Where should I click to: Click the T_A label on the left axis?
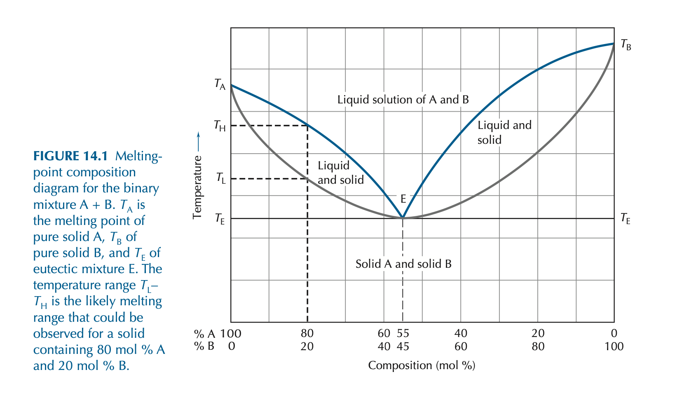point(220,84)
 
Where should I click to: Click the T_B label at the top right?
point(626,45)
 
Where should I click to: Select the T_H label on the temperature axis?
point(220,126)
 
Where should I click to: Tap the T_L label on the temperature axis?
point(220,178)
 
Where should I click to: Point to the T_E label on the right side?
point(625,219)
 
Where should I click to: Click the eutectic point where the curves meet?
point(403,218)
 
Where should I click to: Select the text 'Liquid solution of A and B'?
point(403,100)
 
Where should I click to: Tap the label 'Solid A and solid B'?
point(403,264)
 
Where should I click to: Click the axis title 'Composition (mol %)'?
point(422,365)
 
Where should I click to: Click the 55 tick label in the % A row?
point(403,333)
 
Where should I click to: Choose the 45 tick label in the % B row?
point(403,346)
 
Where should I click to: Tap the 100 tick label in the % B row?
point(614,346)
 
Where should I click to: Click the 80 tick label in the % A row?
point(307,333)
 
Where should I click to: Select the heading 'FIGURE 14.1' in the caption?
point(70,156)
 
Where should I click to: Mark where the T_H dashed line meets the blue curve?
point(307,125)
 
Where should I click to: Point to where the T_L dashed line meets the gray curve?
point(307,179)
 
